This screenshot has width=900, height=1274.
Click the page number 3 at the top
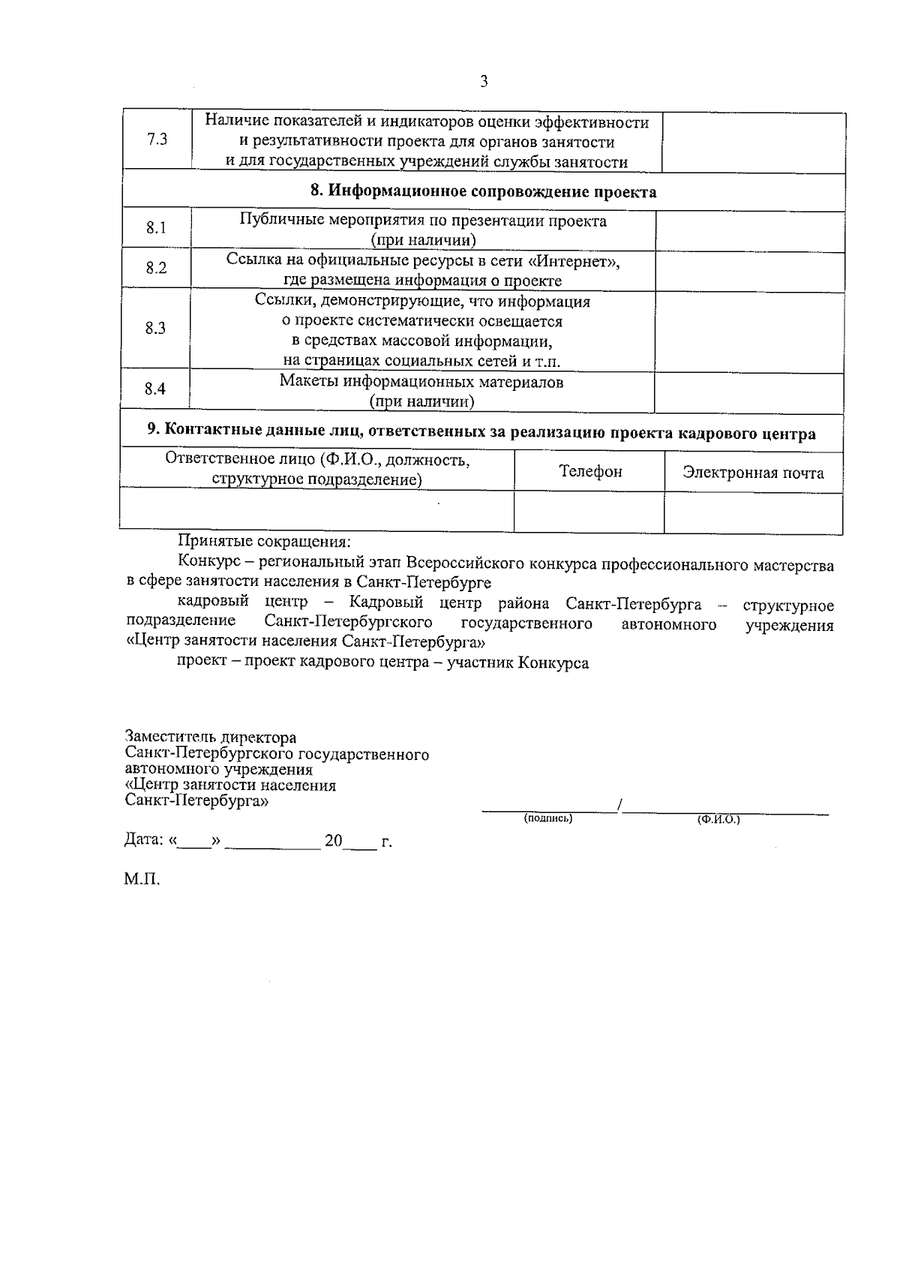pyautogui.click(x=484, y=82)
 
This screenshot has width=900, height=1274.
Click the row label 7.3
pyautogui.click(x=157, y=140)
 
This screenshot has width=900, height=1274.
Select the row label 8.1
pyautogui.click(x=156, y=228)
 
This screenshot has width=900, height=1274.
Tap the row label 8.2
pyautogui.click(x=156, y=268)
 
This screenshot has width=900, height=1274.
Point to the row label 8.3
pyautogui.click(x=155, y=328)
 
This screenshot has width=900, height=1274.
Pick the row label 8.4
pyautogui.click(x=155, y=389)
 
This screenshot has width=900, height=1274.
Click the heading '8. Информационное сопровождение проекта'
pyautogui.click(x=484, y=191)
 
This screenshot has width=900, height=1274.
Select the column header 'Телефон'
pyautogui.click(x=590, y=471)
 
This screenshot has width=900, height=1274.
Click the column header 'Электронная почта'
pyautogui.click(x=753, y=473)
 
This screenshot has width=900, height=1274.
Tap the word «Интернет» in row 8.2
pyautogui.click(x=575, y=261)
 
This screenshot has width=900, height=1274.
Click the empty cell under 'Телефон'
pyautogui.click(x=589, y=512)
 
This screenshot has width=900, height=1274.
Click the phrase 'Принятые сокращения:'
pyautogui.click(x=264, y=541)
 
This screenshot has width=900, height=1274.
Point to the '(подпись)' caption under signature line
pyautogui.click(x=548, y=819)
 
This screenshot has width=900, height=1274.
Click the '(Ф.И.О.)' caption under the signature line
pyautogui.click(x=718, y=820)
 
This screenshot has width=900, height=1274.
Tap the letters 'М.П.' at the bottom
pyautogui.click(x=142, y=879)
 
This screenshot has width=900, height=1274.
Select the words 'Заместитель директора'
pyautogui.click(x=211, y=738)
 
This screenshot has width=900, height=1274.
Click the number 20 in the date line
pyautogui.click(x=334, y=840)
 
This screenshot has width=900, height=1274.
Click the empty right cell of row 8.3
pyautogui.click(x=748, y=328)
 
